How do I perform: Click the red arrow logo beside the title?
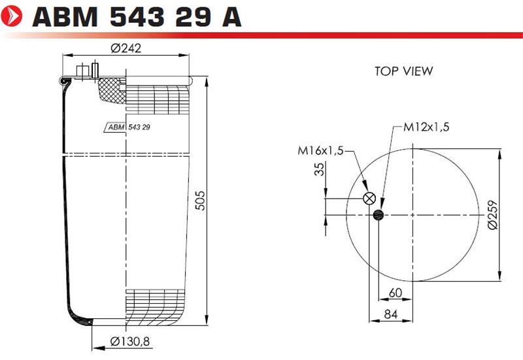(x=11, y=15)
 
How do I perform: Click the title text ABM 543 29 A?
(x=137, y=17)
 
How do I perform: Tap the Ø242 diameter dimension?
(x=126, y=48)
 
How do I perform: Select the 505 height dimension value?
(x=200, y=201)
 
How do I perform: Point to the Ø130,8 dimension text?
(x=130, y=341)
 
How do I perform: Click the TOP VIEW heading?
(x=403, y=71)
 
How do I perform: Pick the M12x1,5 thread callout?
(x=426, y=127)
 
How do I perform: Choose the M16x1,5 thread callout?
(x=320, y=151)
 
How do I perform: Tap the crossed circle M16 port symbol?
(x=369, y=199)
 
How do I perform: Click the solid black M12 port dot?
(x=379, y=215)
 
